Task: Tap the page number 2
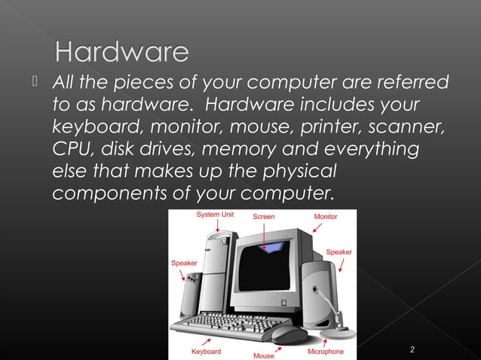click(x=412, y=349)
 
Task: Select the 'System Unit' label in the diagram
click(x=215, y=215)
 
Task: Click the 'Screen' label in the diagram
click(x=264, y=216)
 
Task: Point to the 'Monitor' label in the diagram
click(x=326, y=216)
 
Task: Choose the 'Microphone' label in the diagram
click(x=325, y=351)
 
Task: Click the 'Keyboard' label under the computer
click(x=206, y=352)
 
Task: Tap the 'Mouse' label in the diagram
click(x=264, y=355)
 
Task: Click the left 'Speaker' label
click(x=184, y=263)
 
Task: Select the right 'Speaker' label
click(x=339, y=252)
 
